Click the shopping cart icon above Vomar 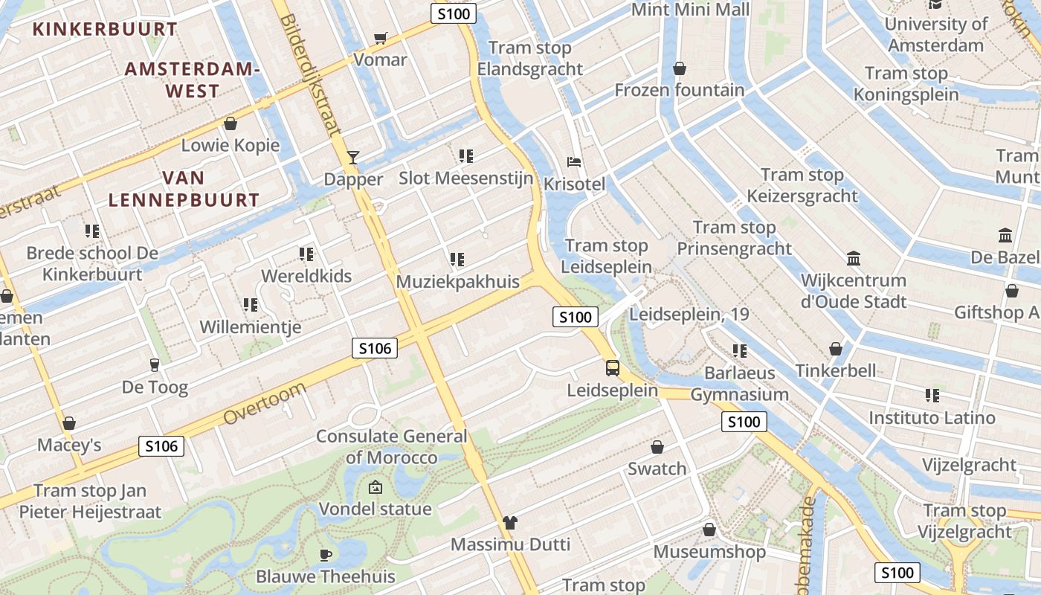coord(381,38)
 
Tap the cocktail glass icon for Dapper coord(353,157)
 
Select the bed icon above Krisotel coord(574,161)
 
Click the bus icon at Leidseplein coord(612,367)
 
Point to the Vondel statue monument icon coord(376,488)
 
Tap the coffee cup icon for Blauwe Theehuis coord(325,554)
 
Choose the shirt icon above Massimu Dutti coord(509,522)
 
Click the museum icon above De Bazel coord(1005,235)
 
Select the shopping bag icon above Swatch coord(657,447)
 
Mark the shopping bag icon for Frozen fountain coord(679,68)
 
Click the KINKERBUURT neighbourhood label coord(106,30)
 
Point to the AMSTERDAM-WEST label coord(193,80)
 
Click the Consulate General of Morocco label coord(391,446)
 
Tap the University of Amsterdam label coord(935,34)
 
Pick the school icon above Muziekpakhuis coord(457,260)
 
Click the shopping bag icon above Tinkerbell coord(836,349)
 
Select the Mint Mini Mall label coord(690,10)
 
